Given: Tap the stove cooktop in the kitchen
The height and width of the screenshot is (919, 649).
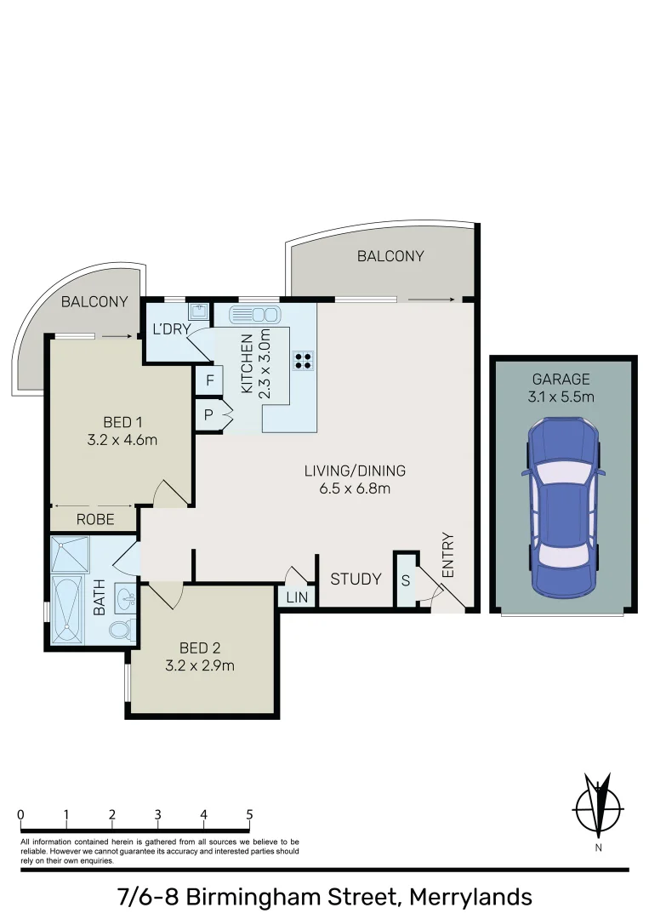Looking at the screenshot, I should coord(303,360).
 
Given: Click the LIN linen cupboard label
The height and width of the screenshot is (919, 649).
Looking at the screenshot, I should coord(297,598).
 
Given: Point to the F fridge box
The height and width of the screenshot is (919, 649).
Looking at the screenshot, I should coord(208,380).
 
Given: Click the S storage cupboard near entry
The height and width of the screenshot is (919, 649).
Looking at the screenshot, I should coord(406,581).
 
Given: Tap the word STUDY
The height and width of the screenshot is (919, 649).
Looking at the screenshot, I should coord(356,579).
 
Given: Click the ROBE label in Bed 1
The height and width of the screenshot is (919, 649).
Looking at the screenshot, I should coord(95,519).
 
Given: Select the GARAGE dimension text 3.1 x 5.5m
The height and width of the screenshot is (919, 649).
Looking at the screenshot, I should coord(561,397).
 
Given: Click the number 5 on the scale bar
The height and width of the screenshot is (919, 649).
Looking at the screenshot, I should coord(249,814).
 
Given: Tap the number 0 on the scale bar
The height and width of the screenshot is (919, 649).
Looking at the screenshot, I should coord(20,814).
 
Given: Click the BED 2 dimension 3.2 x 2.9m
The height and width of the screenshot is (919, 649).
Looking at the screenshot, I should coord(200,665).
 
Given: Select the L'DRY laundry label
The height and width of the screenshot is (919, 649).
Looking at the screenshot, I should coord(170,329).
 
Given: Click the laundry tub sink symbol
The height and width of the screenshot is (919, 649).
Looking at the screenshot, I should coord(199,312).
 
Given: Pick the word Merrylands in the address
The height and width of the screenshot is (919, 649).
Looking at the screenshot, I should coord(470,897).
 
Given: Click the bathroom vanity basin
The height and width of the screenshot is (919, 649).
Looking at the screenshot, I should coord(125,596).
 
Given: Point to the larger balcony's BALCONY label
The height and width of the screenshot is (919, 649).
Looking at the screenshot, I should coord(390,256).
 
